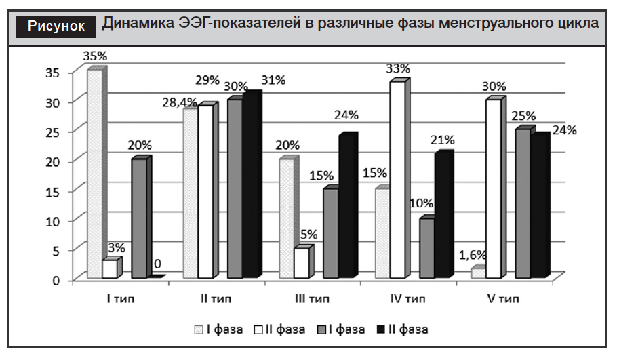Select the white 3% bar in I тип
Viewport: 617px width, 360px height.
pyautogui.click(x=109, y=268)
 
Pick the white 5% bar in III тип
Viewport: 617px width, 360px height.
pyautogui.click(x=301, y=262)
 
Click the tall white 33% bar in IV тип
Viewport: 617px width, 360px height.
pyautogui.click(x=397, y=179)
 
